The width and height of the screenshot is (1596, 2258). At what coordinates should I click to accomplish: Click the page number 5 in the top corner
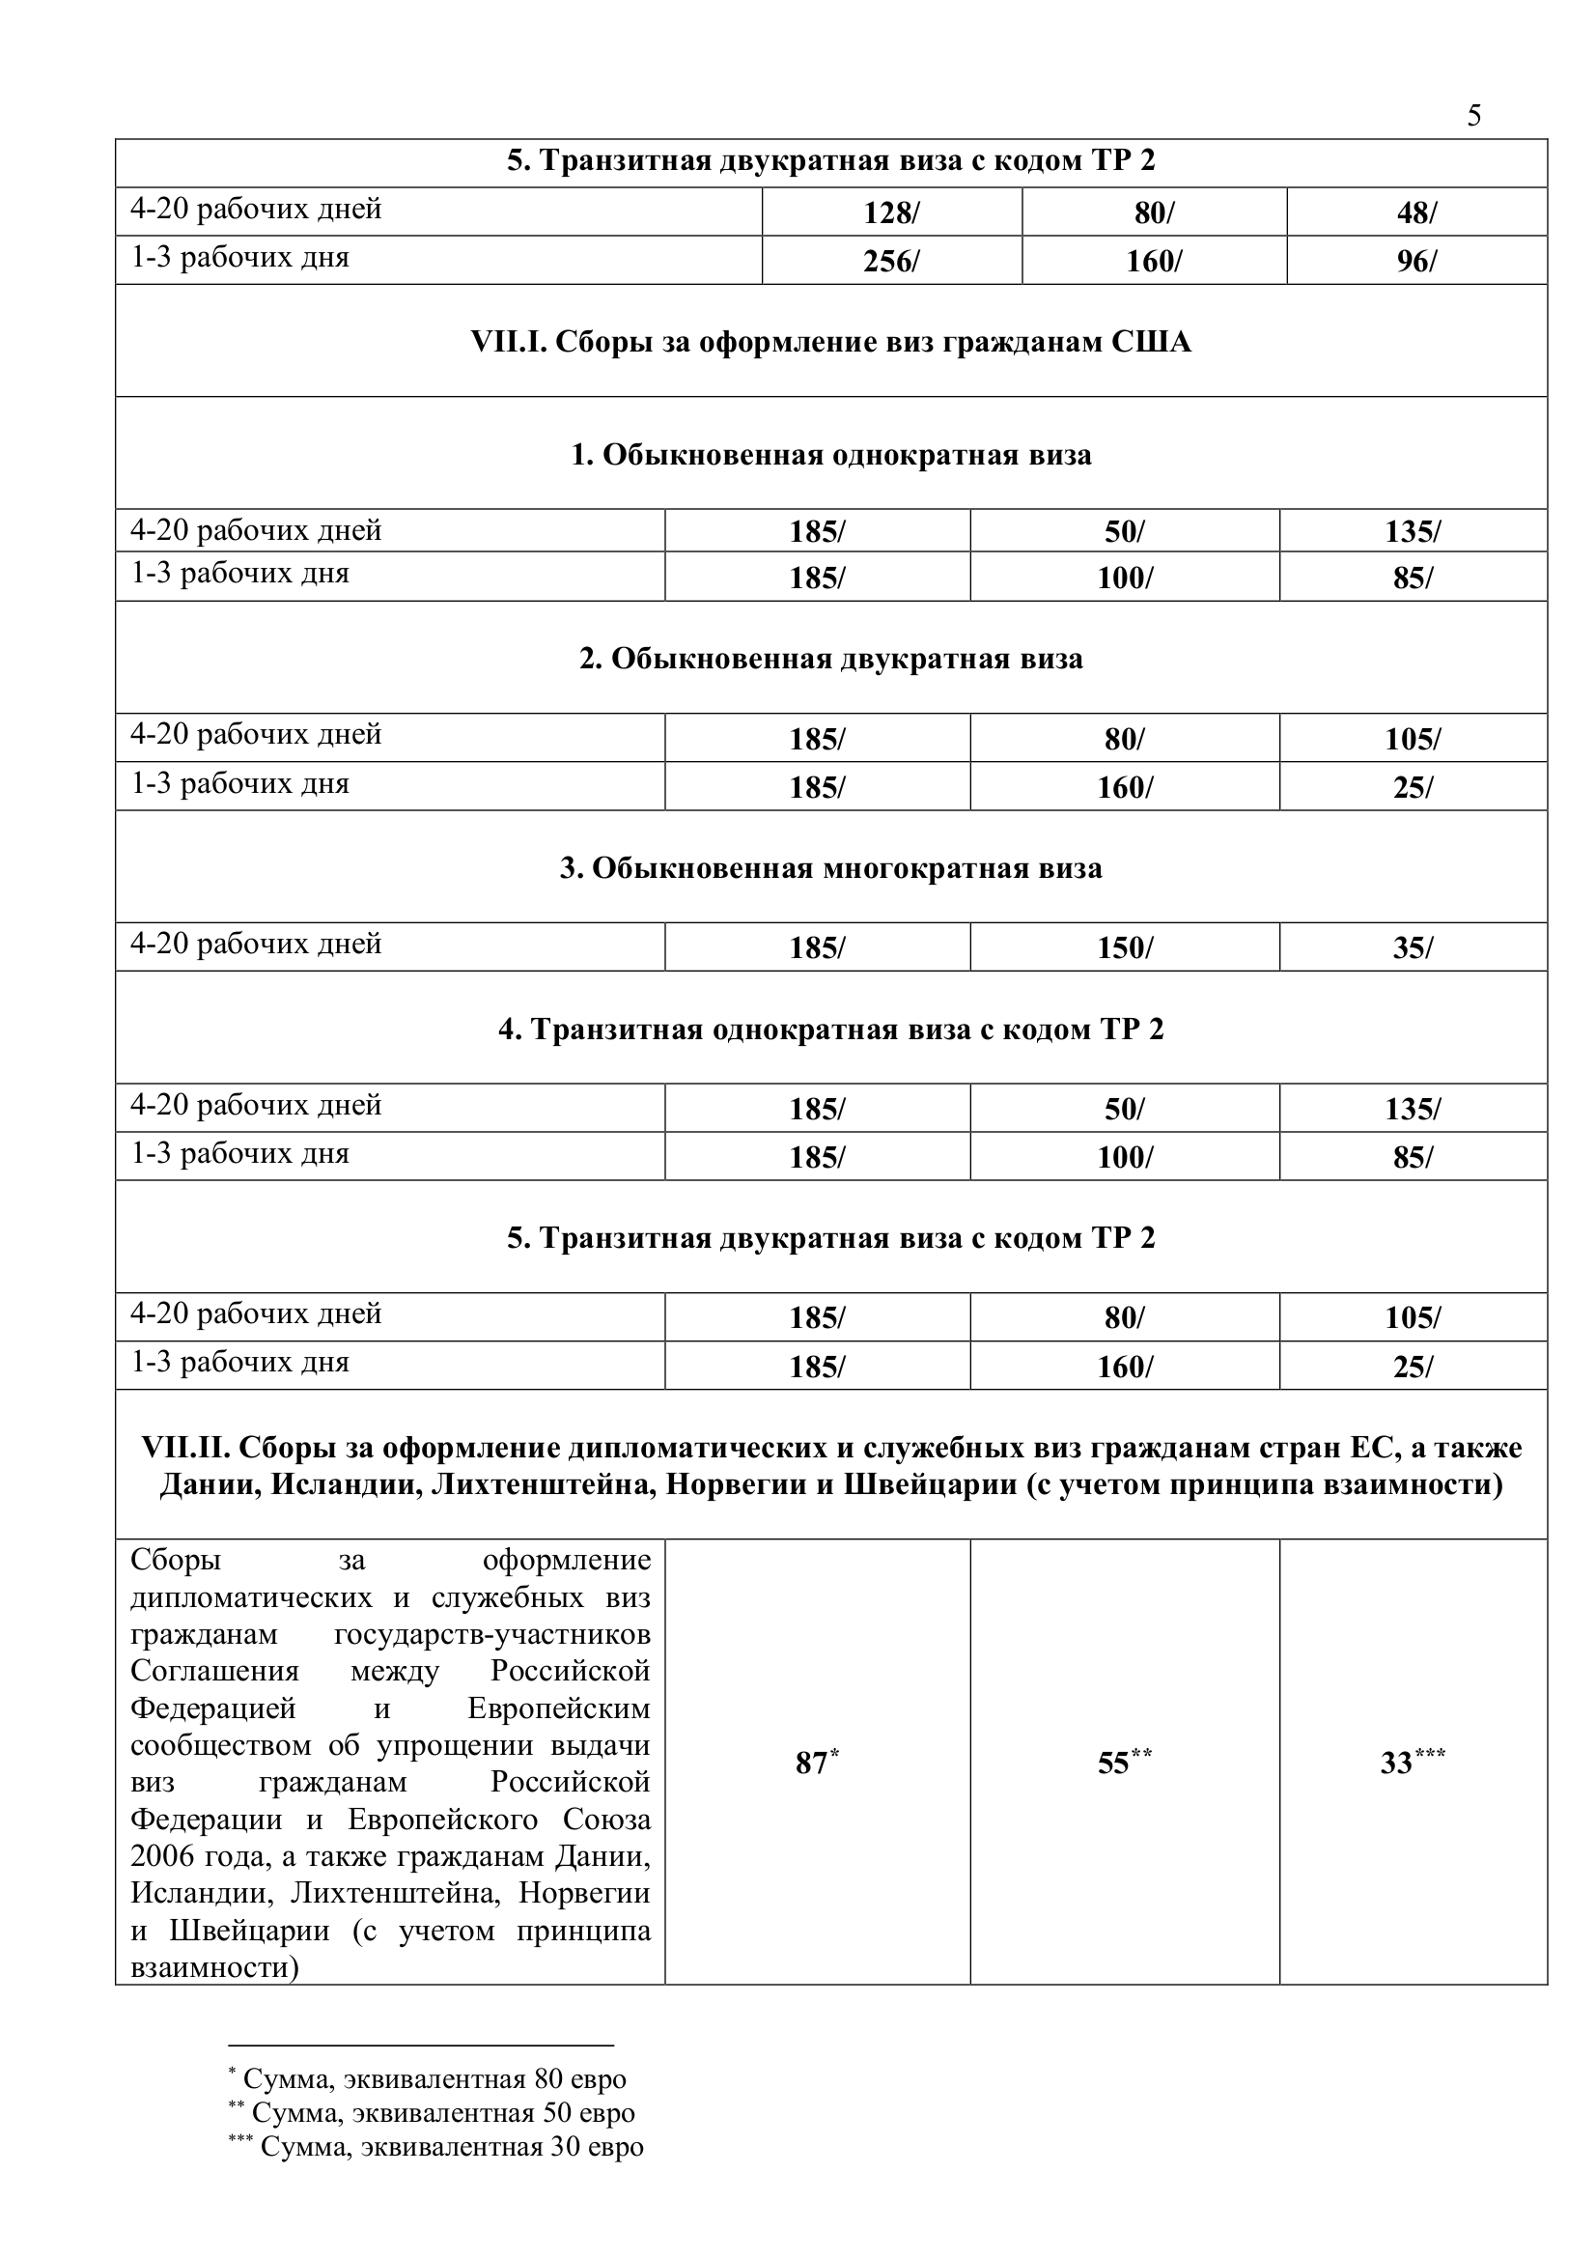(x=1473, y=116)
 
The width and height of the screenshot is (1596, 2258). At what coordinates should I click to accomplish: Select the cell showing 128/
(x=891, y=212)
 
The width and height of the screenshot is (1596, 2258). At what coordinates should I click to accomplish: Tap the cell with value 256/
(x=891, y=262)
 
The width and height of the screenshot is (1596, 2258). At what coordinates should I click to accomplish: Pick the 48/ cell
(x=1416, y=212)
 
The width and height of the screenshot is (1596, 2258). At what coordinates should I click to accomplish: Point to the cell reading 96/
(x=1416, y=262)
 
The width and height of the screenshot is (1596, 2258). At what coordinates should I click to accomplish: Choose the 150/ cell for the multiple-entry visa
(x=1124, y=948)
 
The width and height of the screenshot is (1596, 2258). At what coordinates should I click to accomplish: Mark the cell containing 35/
(x=1414, y=948)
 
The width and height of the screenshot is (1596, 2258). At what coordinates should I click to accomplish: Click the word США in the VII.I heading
(x=1151, y=342)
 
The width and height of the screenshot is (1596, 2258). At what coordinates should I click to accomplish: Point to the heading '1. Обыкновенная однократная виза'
(x=831, y=455)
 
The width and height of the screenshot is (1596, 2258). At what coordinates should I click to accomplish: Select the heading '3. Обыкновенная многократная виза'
(x=831, y=868)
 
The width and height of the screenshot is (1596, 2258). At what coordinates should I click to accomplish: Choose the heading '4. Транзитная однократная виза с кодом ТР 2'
(x=831, y=1030)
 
